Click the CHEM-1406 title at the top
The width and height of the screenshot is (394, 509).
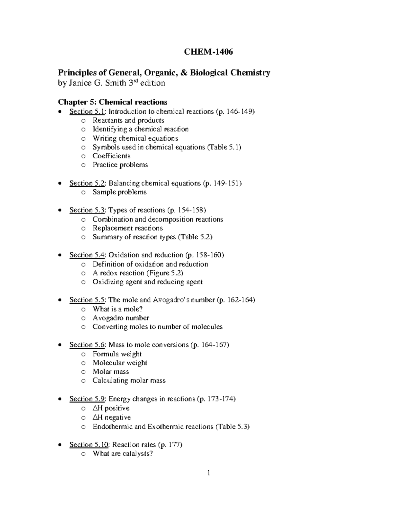[x=208, y=52]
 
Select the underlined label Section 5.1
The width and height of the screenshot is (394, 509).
[x=87, y=111]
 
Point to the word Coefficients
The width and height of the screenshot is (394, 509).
[x=111, y=156]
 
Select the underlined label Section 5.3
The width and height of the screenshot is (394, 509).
[x=87, y=210]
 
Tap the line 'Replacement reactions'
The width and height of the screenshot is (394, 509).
[x=127, y=228]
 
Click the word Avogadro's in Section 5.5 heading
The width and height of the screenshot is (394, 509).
[x=170, y=300]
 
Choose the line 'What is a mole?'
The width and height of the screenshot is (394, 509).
[x=118, y=309]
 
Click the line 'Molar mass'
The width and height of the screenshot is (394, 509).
[x=111, y=372]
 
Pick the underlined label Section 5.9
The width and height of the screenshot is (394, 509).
[x=87, y=399]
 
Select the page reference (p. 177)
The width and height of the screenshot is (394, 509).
[x=170, y=445]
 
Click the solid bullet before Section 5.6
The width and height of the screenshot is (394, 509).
[x=59, y=345]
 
